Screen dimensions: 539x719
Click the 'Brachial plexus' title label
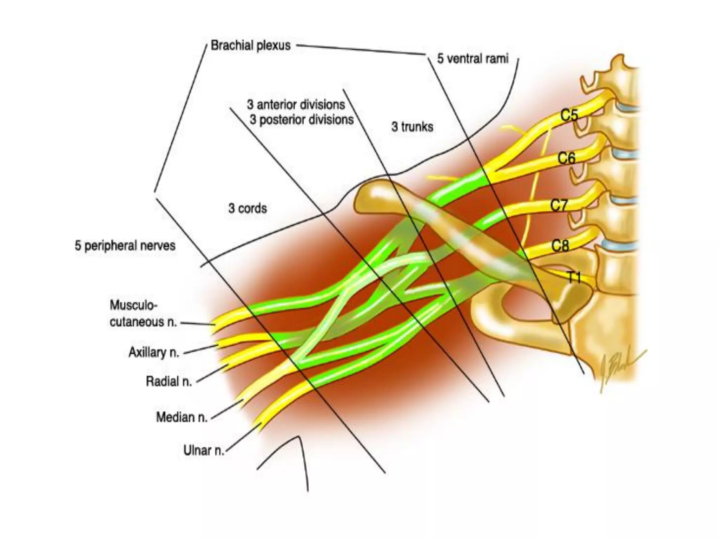tap(251, 46)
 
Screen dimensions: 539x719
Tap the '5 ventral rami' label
tap(473, 59)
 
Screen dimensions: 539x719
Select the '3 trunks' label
tap(412, 127)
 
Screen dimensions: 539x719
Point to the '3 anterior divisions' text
tap(296, 105)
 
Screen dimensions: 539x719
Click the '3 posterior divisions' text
tap(302, 120)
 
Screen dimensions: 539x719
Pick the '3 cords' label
tap(248, 208)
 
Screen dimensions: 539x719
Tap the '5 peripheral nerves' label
tap(125, 245)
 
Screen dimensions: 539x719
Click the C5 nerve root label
tap(569, 115)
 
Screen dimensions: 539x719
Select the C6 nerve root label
tap(567, 159)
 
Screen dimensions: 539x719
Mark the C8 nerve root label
tap(560, 246)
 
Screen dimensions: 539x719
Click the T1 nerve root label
tap(574, 278)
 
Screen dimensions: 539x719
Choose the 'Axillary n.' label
tap(154, 352)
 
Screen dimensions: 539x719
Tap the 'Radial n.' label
tap(169, 381)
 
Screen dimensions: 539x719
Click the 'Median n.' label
tap(182, 417)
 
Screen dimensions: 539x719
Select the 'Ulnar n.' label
tap(204, 450)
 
